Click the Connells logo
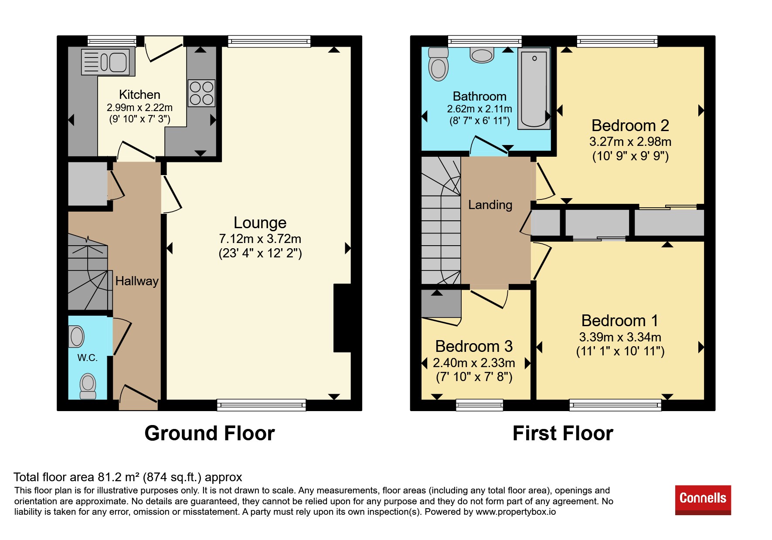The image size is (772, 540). tap(703, 500)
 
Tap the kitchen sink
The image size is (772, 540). tap(105, 62)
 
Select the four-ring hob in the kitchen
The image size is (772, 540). tap(201, 93)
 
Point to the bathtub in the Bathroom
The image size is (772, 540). tap(534, 89)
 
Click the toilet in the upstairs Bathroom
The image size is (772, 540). tap(438, 64)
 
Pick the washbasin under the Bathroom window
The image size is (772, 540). tap(482, 55)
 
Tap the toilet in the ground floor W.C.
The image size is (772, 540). tap(88, 386)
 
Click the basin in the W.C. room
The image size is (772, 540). tap(77, 337)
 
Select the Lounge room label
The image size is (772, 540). tap(260, 223)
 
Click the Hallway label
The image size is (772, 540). tap(137, 281)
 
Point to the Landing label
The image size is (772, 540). tap(490, 205)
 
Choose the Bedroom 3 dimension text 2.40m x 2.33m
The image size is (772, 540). tap(474, 363)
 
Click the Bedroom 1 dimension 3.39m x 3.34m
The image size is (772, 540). tap(620, 337)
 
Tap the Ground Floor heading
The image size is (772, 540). tap(210, 433)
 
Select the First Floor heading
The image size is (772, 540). tap(563, 433)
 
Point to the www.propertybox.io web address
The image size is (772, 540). tap(516, 512)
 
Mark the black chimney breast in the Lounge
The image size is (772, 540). tap(342, 318)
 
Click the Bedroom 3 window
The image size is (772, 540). tap(480, 405)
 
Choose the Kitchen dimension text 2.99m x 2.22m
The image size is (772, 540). tap(139, 108)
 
